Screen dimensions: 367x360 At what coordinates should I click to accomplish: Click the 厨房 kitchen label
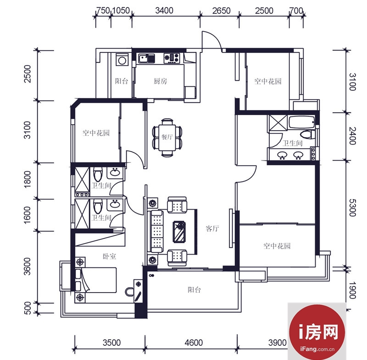point(160,81)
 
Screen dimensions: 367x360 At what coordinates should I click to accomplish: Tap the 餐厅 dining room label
point(167,137)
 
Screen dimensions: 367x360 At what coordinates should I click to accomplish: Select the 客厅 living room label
point(212,228)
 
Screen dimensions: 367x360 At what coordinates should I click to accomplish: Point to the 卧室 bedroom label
point(109,256)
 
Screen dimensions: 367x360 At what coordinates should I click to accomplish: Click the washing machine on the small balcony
point(122,60)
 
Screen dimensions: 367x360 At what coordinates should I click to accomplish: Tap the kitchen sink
point(146,58)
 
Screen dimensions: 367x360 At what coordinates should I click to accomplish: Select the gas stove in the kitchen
point(172,58)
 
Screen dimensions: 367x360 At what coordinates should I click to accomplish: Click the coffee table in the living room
point(179,232)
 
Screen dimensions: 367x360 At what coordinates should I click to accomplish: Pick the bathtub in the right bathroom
point(302,122)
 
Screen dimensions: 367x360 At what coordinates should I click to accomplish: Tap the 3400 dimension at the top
point(164,11)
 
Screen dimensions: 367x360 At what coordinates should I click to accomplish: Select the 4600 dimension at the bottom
point(194,343)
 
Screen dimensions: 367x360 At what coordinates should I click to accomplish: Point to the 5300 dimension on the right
point(352,208)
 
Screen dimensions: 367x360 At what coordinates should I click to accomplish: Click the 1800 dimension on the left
point(28,179)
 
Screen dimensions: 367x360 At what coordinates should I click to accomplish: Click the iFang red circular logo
point(317,332)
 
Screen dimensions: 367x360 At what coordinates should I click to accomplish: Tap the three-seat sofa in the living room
point(156,231)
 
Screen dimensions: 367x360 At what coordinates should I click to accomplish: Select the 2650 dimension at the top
point(222,11)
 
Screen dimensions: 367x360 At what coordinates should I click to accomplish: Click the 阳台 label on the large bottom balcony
point(194,290)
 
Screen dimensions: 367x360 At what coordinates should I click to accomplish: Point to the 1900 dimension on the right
point(352,290)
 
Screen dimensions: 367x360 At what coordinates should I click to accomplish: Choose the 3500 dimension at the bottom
point(111,343)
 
